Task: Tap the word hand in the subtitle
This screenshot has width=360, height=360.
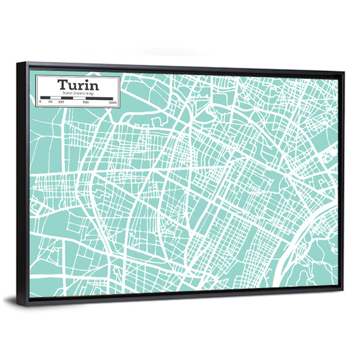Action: pyautogui.click(x=67, y=93)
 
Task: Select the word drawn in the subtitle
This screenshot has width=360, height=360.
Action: pyautogui.click(x=78, y=93)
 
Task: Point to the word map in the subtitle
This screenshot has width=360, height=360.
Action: pyautogui.click(x=88, y=93)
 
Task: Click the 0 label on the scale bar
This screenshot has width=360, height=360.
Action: pyautogui.click(x=40, y=102)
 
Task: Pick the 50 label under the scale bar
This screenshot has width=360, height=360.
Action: pyautogui.click(x=50, y=102)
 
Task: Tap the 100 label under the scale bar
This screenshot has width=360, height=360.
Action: pyautogui.click(x=61, y=102)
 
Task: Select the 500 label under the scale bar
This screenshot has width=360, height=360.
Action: pyautogui.click(x=86, y=102)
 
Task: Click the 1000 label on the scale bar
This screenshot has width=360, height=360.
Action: pyautogui.click(x=113, y=102)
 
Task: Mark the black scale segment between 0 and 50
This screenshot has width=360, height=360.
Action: pyautogui.click(x=45, y=98)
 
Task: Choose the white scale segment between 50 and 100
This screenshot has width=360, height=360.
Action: pyautogui.click(x=55, y=98)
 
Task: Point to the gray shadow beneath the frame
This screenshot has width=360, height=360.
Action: pyautogui.click(x=169, y=305)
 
